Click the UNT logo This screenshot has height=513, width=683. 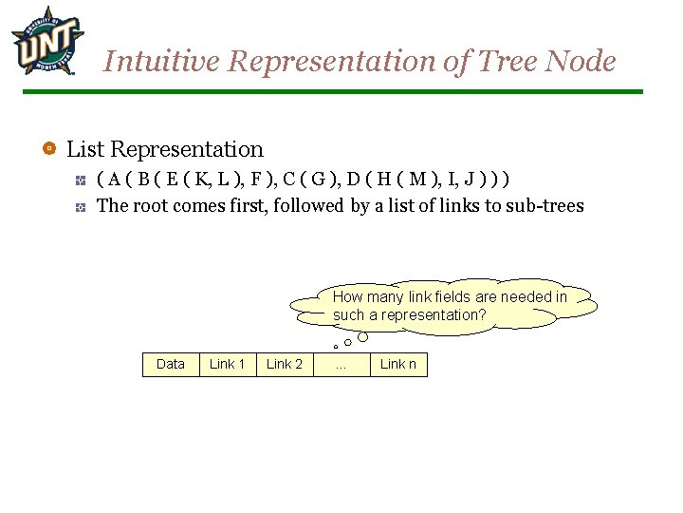pyautogui.click(x=46, y=41)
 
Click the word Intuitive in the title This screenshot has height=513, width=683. pyautogui.click(x=162, y=62)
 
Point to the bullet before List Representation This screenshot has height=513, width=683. pyautogui.click(x=49, y=149)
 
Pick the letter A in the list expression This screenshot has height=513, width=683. pyautogui.click(x=114, y=180)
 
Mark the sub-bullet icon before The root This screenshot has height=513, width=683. pyautogui.click(x=82, y=205)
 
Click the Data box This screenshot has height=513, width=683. pyautogui.click(x=171, y=364)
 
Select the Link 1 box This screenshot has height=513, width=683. pyautogui.click(x=228, y=364)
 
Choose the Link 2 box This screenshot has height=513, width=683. pyautogui.click(x=285, y=364)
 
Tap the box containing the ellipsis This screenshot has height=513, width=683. pyautogui.click(x=341, y=364)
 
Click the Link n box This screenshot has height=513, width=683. pyautogui.click(x=398, y=364)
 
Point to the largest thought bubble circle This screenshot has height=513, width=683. pyautogui.click(x=362, y=336)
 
